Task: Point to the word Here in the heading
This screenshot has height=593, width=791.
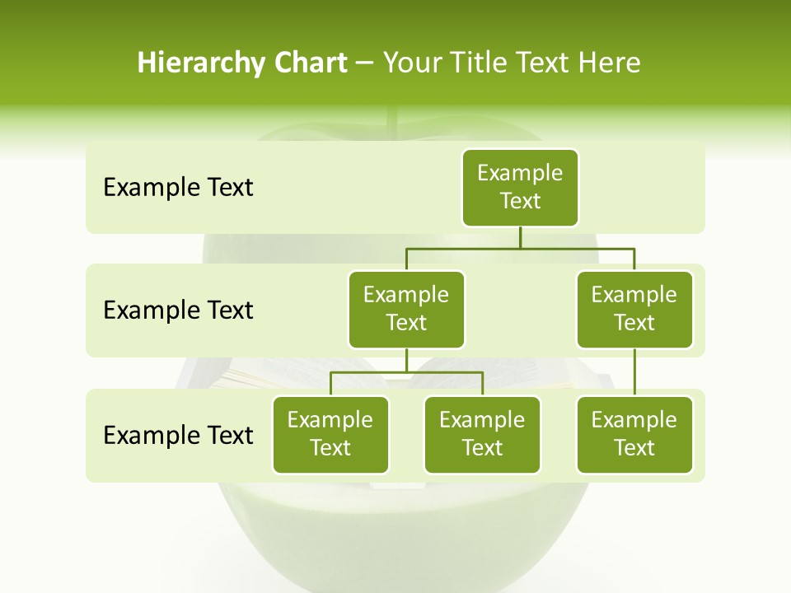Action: coord(610,63)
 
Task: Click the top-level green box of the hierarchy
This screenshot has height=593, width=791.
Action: coord(520,187)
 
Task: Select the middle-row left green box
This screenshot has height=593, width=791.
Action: coord(406,309)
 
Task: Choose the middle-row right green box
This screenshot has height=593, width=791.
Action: coord(634,309)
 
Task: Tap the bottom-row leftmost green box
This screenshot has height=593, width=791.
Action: coord(330,434)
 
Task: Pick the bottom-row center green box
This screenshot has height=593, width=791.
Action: coord(482,434)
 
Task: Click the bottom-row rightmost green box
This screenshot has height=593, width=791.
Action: coord(634,434)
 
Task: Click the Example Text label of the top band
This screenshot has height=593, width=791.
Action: coord(178,188)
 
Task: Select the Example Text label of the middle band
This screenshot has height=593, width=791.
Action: coord(178,311)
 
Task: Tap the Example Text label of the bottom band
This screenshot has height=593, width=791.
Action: coord(178,435)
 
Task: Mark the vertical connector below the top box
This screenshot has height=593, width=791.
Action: coord(520,237)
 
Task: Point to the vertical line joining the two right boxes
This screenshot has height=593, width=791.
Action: coord(634,372)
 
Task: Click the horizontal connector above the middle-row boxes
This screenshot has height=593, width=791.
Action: coord(520,248)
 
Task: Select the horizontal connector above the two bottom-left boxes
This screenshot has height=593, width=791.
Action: coord(406,372)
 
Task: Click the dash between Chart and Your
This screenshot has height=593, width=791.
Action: coord(365,64)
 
